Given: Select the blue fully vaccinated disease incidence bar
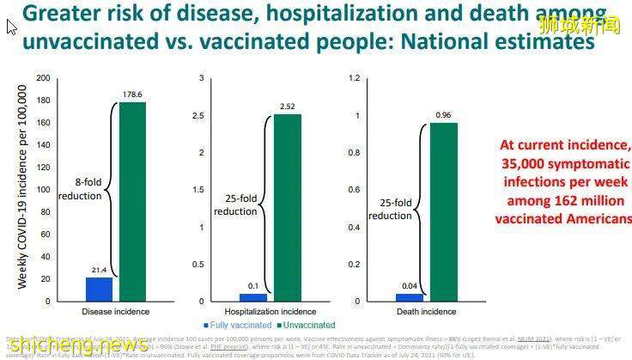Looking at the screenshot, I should click(99, 290).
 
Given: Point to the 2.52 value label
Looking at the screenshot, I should click(288, 107).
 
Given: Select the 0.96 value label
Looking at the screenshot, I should click(443, 115).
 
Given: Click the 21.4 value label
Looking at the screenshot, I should click(99, 271).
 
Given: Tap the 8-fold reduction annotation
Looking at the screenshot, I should click(79, 189).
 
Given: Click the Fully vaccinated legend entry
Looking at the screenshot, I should click(233, 325).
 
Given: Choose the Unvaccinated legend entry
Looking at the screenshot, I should click(307, 325).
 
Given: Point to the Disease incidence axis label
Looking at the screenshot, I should click(115, 311).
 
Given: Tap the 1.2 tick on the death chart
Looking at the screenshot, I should click(354, 78).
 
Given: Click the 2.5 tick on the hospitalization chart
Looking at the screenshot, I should click(199, 115).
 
